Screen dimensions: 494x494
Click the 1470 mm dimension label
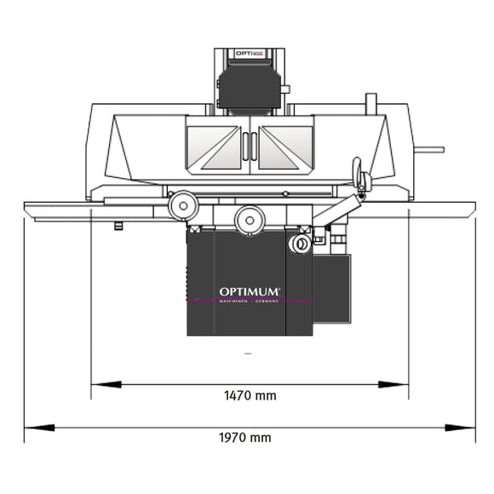pyautogui.click(x=250, y=396)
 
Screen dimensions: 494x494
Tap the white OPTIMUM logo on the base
pyautogui.click(x=250, y=292)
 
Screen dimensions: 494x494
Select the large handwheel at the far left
pyautogui.click(x=181, y=205)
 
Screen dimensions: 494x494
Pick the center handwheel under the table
pyautogui.click(x=249, y=220)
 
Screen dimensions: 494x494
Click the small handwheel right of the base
pyautogui.click(x=299, y=244)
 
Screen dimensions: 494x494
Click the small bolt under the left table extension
pyautogui.click(x=118, y=226)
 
